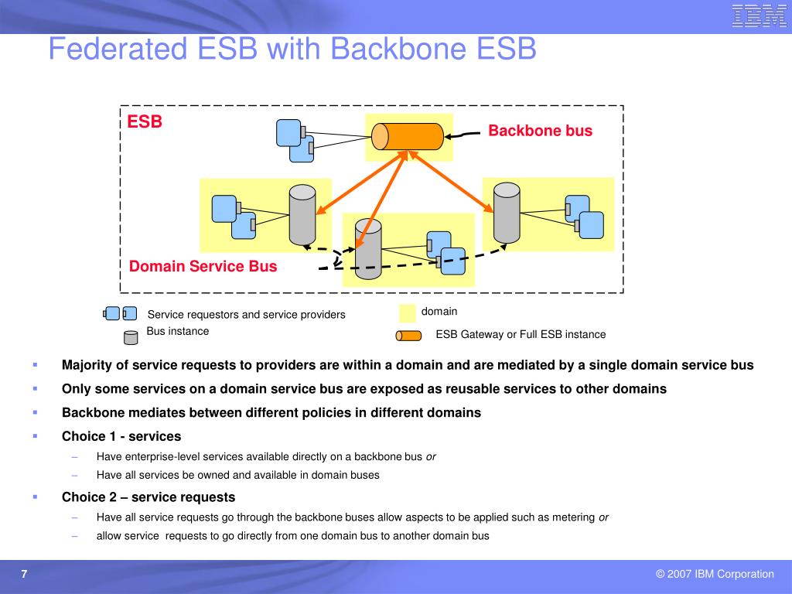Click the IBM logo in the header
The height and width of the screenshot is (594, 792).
pos(758,15)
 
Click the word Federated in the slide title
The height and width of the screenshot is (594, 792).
pos(118,49)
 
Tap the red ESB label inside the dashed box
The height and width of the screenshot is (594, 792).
pos(145,121)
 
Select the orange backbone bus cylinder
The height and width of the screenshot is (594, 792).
pos(408,136)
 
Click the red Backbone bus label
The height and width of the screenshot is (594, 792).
pos(540,131)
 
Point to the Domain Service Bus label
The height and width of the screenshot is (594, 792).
pos(203,266)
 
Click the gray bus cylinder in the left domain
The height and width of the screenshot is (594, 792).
pos(302,215)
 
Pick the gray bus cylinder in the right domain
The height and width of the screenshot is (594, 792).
pos(507,213)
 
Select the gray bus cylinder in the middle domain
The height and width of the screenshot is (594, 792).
pos(368,248)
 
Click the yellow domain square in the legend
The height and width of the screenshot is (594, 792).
pos(407,313)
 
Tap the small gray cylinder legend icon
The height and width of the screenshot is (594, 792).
pos(131,338)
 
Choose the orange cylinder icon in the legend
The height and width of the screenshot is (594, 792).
pos(408,336)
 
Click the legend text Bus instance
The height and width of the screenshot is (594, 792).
pos(178,331)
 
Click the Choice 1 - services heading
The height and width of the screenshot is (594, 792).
pos(121,436)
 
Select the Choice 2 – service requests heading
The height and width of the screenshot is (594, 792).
pos(148,497)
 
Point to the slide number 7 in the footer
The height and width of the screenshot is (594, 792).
pos(24,574)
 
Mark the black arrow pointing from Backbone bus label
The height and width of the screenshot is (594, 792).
pos(462,135)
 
